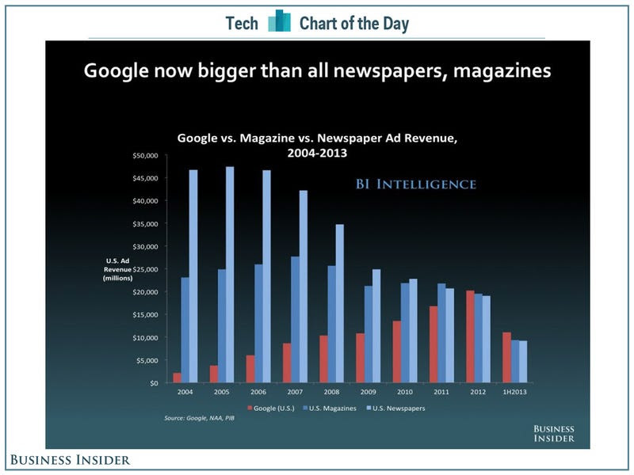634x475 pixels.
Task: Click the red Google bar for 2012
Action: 471,336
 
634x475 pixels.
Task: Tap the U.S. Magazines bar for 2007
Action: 296,320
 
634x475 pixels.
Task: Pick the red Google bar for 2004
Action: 177,378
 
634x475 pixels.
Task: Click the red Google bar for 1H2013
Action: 506,357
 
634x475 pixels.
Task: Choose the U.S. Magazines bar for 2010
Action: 405,332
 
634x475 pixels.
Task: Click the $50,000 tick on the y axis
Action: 145,155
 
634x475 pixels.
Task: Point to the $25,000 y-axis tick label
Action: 145,269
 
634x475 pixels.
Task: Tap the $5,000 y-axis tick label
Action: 147,360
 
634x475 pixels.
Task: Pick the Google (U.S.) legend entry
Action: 270,408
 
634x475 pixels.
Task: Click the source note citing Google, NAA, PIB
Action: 198,417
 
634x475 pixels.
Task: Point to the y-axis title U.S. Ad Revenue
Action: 120,269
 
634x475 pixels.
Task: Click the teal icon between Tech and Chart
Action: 279,21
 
